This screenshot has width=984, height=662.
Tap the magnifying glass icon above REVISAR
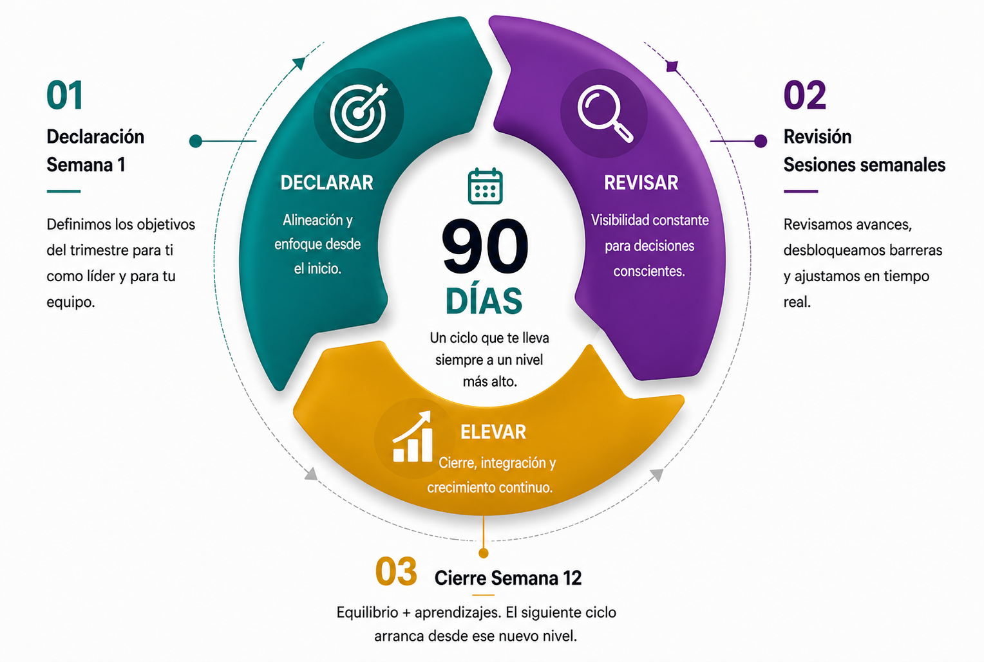coord(605,113)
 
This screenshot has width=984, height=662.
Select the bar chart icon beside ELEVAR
coord(412,437)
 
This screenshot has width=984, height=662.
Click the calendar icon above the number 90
coord(485,186)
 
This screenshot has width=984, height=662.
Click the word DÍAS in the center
coord(484,300)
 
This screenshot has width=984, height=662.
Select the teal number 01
coord(65,96)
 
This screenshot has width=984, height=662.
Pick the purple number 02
coord(804,96)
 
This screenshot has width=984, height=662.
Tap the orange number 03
coord(396,572)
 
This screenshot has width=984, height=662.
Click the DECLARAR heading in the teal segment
coord(326,183)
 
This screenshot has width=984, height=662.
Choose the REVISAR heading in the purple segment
coord(641,183)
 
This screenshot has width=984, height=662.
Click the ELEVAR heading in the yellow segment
coord(493,432)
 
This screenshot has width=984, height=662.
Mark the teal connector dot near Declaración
coord(196,141)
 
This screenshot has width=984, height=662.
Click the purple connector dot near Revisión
coord(761,141)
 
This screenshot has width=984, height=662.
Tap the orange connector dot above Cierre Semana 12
coord(484,553)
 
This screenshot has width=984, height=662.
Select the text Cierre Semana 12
coord(508,578)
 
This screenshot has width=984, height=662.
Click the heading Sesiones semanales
coord(864,165)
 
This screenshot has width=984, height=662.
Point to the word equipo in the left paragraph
coord(70,302)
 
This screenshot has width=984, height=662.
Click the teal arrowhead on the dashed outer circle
coord(299,62)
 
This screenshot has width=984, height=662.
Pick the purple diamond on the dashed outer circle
coord(672,66)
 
